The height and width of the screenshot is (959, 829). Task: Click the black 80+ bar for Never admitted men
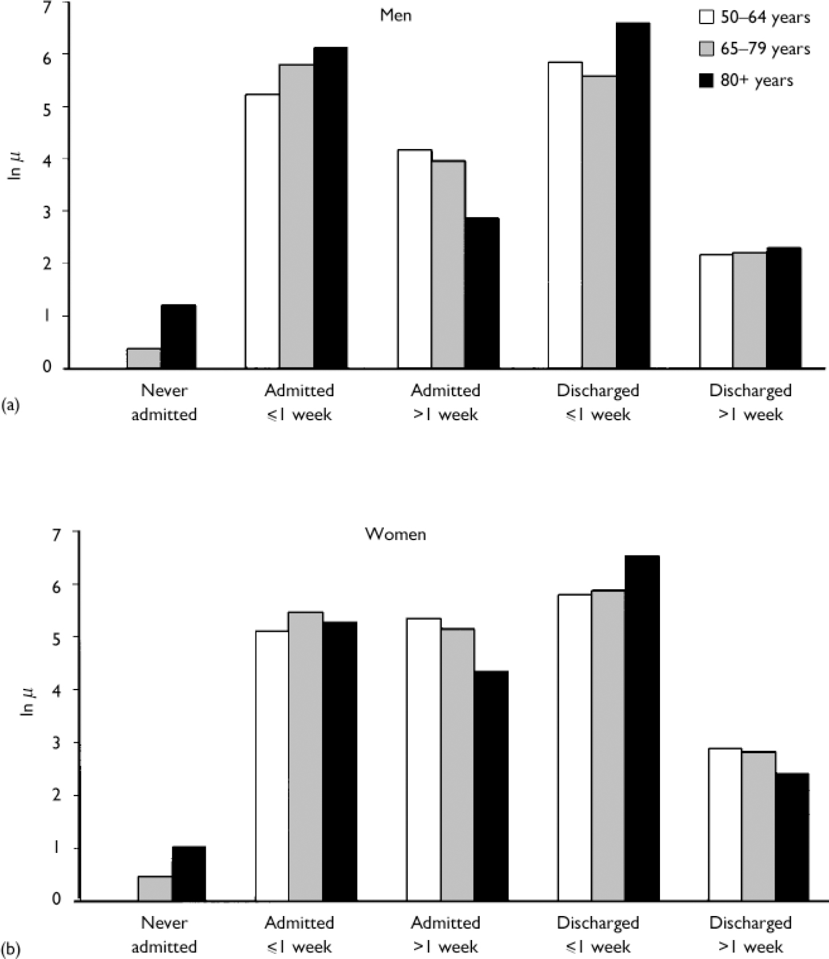tap(178, 336)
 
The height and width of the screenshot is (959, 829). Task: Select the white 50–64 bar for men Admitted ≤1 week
tap(262, 231)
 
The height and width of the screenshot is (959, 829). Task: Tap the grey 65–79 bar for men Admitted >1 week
tap(448, 264)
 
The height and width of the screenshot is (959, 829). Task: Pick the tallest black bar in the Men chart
tap(632, 195)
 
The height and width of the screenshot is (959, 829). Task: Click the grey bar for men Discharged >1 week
tap(749, 310)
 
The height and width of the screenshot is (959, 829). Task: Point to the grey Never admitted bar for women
tap(155, 888)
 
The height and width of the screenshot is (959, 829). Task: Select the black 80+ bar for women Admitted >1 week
tap(491, 786)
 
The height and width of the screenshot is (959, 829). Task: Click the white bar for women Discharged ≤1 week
tap(574, 747)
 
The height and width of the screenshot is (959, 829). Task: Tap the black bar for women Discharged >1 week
tap(792, 837)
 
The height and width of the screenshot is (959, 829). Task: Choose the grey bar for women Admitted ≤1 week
tap(305, 756)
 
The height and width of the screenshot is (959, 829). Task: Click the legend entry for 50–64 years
tap(755, 17)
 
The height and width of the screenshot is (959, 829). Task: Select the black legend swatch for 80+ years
tap(706, 80)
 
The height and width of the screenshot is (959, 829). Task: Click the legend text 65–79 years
tap(765, 49)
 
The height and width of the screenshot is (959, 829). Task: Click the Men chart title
tap(395, 15)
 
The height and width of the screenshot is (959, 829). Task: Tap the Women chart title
tap(395, 534)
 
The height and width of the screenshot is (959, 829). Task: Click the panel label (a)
tap(10, 405)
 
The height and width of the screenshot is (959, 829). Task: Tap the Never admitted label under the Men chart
tap(164, 402)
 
